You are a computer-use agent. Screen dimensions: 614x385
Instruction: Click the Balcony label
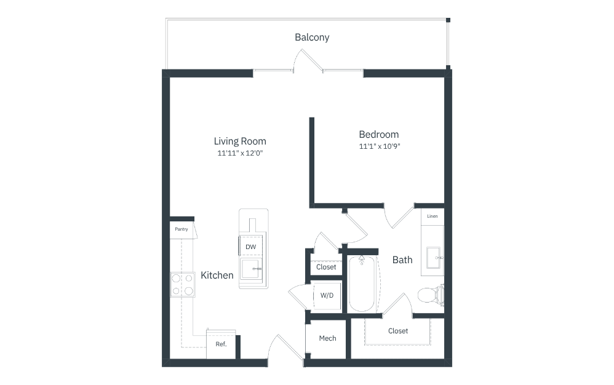pos(312,38)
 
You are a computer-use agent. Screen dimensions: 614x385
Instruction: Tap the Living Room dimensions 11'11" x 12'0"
pos(240,153)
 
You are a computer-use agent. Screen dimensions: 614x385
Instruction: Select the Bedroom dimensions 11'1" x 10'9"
pos(380,146)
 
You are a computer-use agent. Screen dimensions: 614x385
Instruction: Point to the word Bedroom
pos(378,134)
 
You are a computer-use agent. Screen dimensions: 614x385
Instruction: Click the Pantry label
pos(181,229)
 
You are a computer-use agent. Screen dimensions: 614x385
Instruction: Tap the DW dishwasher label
pos(250,247)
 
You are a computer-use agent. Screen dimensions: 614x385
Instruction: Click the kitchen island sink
pos(251,269)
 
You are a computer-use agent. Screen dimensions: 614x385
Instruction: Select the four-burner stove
pos(183,285)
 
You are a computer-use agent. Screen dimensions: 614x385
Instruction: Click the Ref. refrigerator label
pos(221,344)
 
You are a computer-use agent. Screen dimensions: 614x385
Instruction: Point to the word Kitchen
pos(217,275)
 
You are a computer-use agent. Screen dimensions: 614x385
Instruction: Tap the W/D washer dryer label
pos(327,295)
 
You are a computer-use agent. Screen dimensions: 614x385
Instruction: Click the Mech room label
pos(327,338)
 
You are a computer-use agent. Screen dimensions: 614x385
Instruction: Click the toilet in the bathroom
pos(431,295)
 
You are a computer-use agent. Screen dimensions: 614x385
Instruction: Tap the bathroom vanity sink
pos(433,258)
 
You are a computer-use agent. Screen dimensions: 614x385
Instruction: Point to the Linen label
pos(433,216)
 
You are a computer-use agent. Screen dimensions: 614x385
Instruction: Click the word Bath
pos(402,260)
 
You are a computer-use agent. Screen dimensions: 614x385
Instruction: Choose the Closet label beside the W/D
pos(326,268)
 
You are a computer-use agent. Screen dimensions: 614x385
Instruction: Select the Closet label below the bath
pos(398,331)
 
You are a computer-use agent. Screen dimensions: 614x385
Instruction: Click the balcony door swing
pos(308,60)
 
